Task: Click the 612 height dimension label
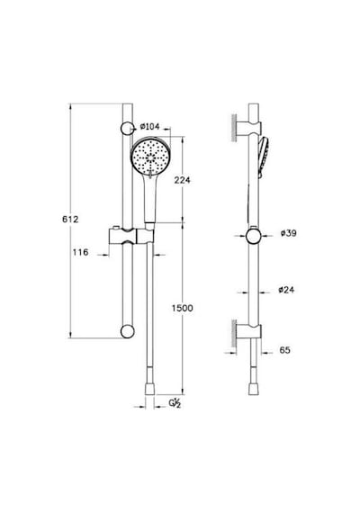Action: tap(70, 220)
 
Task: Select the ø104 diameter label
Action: tap(149, 126)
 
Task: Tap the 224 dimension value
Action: tap(182, 180)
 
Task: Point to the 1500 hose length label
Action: tap(183, 308)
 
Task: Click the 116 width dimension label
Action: tap(80, 252)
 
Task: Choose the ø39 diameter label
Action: tap(288, 233)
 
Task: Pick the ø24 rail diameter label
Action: tap(286, 290)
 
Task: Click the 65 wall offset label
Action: tap(284, 350)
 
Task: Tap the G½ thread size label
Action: tap(175, 402)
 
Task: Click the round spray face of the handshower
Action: tap(150, 155)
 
